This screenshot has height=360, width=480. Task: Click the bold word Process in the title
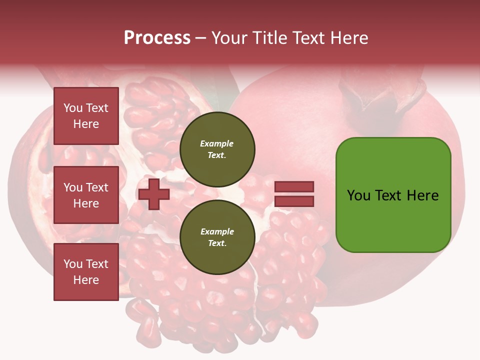(x=157, y=38)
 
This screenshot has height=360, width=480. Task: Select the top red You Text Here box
(x=86, y=116)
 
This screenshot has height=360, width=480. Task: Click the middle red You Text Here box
(x=86, y=195)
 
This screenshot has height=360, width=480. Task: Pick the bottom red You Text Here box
(x=86, y=272)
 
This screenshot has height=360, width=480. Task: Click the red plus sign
(x=154, y=194)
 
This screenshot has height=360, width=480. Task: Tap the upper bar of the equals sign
(x=294, y=186)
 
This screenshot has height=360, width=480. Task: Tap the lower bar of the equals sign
(x=294, y=201)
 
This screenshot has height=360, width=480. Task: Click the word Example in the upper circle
(x=216, y=143)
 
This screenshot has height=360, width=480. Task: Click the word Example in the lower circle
(x=217, y=231)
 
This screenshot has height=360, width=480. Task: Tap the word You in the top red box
(x=73, y=108)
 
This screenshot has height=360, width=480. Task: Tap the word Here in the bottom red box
(x=86, y=280)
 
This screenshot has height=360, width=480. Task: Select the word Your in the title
(x=229, y=38)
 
